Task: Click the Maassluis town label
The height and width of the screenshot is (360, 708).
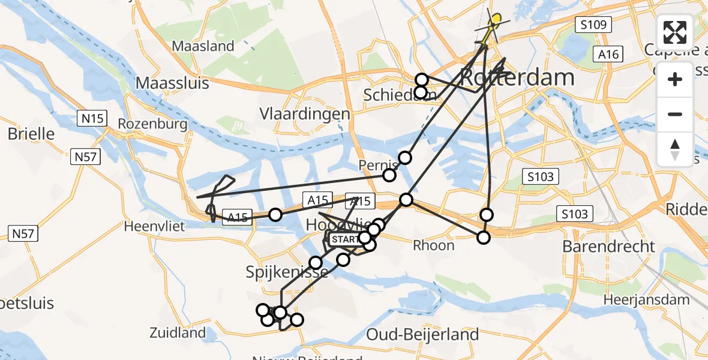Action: point(172,82)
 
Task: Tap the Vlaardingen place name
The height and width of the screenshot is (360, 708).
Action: point(304,114)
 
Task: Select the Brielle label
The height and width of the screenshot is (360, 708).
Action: point(31,133)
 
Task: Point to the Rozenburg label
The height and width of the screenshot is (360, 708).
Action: point(153,124)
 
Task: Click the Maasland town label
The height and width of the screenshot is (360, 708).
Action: point(203,46)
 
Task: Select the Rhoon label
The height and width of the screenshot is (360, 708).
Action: point(434,245)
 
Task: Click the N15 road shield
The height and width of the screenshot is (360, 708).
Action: point(93,119)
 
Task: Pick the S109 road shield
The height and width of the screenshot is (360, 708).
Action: point(593,25)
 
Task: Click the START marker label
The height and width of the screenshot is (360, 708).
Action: point(344,239)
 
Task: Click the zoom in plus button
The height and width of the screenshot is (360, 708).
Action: point(675,79)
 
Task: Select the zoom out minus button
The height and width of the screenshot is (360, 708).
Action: point(675,114)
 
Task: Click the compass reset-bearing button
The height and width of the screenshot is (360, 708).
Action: point(675,149)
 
